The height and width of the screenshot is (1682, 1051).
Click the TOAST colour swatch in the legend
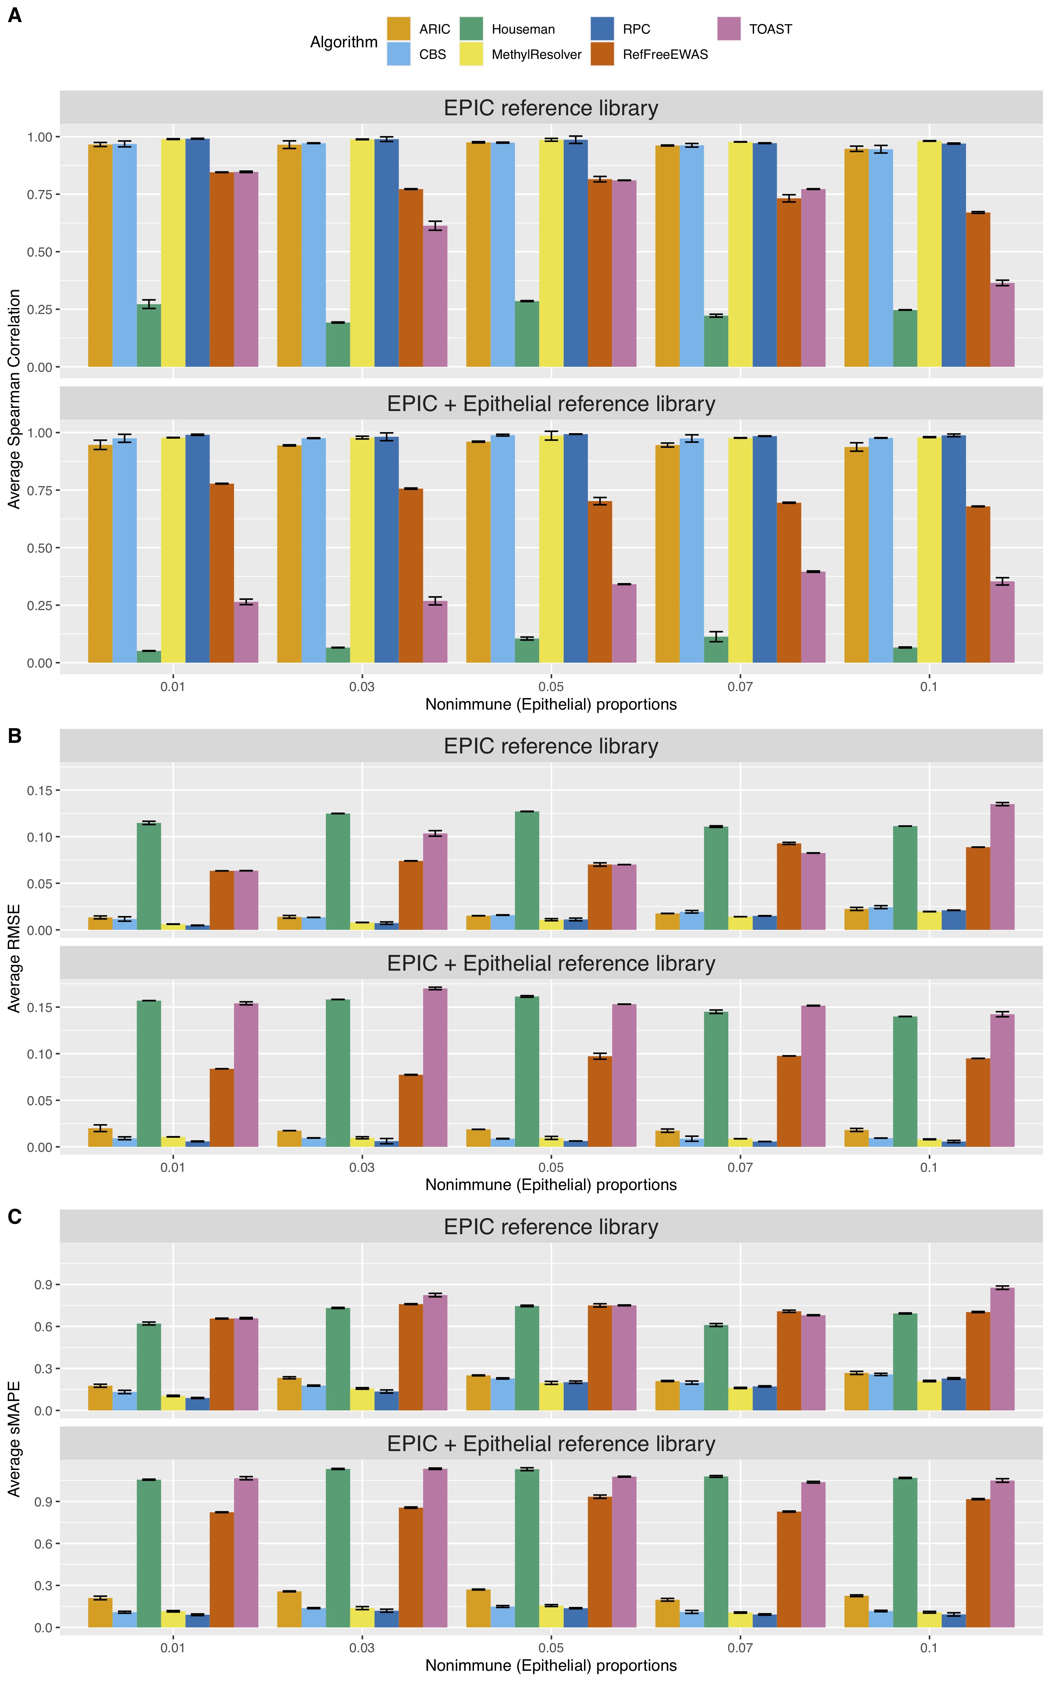coord(728,28)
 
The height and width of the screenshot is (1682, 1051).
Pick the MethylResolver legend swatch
coord(470,54)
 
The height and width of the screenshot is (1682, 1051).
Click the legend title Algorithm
coord(343,42)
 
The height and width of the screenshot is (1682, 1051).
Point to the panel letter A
coord(15,15)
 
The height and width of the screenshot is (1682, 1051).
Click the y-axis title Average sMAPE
coord(14,1439)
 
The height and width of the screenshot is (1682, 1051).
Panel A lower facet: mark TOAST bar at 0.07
coord(813,616)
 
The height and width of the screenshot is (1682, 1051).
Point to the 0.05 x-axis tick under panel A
coord(551,687)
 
